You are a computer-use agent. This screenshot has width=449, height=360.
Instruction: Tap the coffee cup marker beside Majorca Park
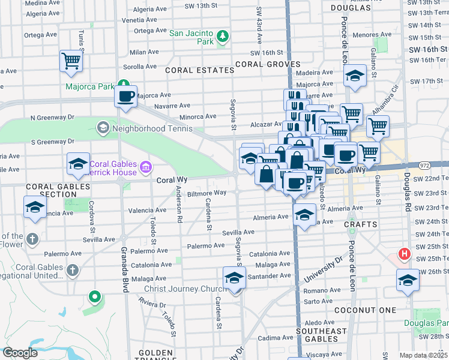(126, 97)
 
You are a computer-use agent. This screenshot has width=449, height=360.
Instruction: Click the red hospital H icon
(405, 254)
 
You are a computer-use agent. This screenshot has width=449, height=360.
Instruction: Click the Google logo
(20, 353)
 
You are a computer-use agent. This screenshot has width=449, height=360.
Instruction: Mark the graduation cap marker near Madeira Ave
(355, 77)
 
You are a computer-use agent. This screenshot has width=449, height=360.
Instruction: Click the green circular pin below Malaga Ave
(94, 296)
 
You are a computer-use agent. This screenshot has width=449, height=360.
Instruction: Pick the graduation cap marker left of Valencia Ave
(35, 208)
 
